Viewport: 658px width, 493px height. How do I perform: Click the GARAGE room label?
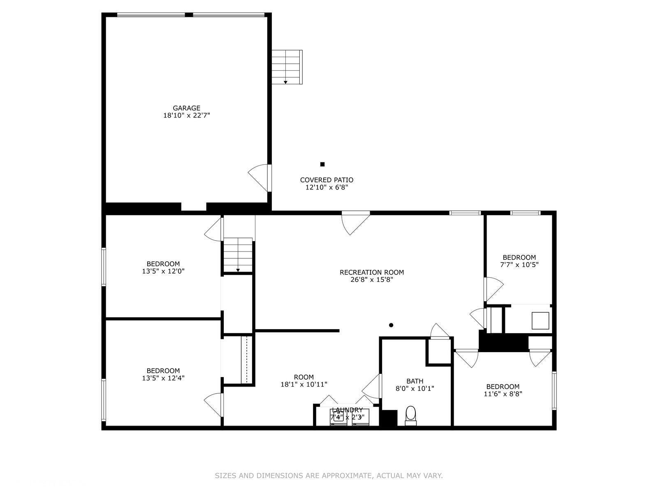[186, 108]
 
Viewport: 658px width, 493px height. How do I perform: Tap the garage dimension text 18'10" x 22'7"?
[186, 115]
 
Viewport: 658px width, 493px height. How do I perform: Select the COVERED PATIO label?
[327, 180]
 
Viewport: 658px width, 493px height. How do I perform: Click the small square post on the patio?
[322, 164]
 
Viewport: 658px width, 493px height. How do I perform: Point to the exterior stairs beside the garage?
[287, 67]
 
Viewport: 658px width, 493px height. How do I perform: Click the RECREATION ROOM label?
[372, 272]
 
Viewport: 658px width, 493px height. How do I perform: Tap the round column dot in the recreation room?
[391, 325]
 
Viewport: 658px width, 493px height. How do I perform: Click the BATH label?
[415, 381]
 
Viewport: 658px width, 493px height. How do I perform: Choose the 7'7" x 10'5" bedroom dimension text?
[519, 265]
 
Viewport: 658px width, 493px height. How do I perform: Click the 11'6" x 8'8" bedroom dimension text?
[503, 394]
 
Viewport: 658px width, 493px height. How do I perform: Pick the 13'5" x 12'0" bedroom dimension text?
[163, 271]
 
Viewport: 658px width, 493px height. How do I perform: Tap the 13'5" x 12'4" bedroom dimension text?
[163, 378]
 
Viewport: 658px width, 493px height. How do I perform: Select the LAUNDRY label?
[347, 410]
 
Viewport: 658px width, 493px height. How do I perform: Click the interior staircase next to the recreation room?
[238, 255]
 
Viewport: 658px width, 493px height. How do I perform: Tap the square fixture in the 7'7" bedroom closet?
[540, 320]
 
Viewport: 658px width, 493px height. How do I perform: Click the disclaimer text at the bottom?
[329, 476]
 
